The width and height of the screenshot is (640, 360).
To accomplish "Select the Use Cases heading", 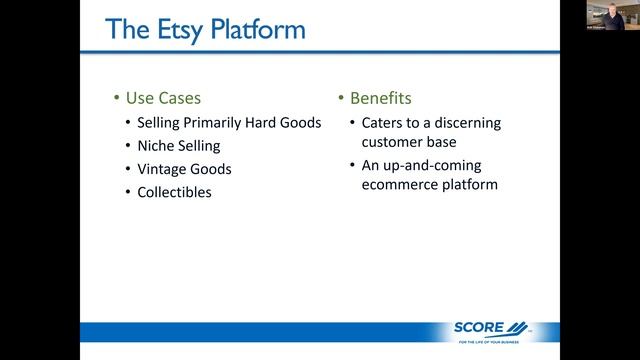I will (x=163, y=99).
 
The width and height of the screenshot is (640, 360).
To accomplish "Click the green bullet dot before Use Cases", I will (x=115, y=99).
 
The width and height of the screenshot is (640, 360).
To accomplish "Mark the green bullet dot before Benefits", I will (x=340, y=99).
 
